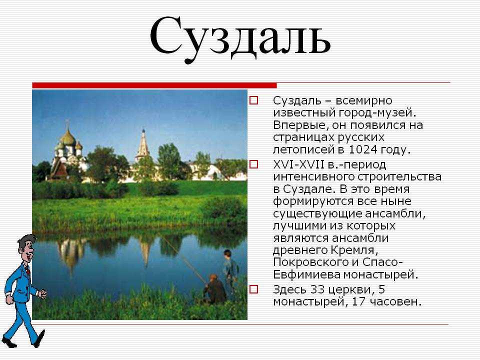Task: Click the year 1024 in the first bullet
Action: click(362, 149)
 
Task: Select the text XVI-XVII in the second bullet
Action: click(298, 164)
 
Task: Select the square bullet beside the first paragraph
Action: click(254, 100)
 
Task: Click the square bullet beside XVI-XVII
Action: click(254, 164)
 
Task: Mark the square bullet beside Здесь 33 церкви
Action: click(254, 289)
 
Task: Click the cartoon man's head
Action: click(26, 248)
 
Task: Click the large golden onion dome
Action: click(68, 138)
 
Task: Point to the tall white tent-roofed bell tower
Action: click(143, 145)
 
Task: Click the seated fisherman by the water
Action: click(215, 289)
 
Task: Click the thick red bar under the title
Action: click(154, 85)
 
